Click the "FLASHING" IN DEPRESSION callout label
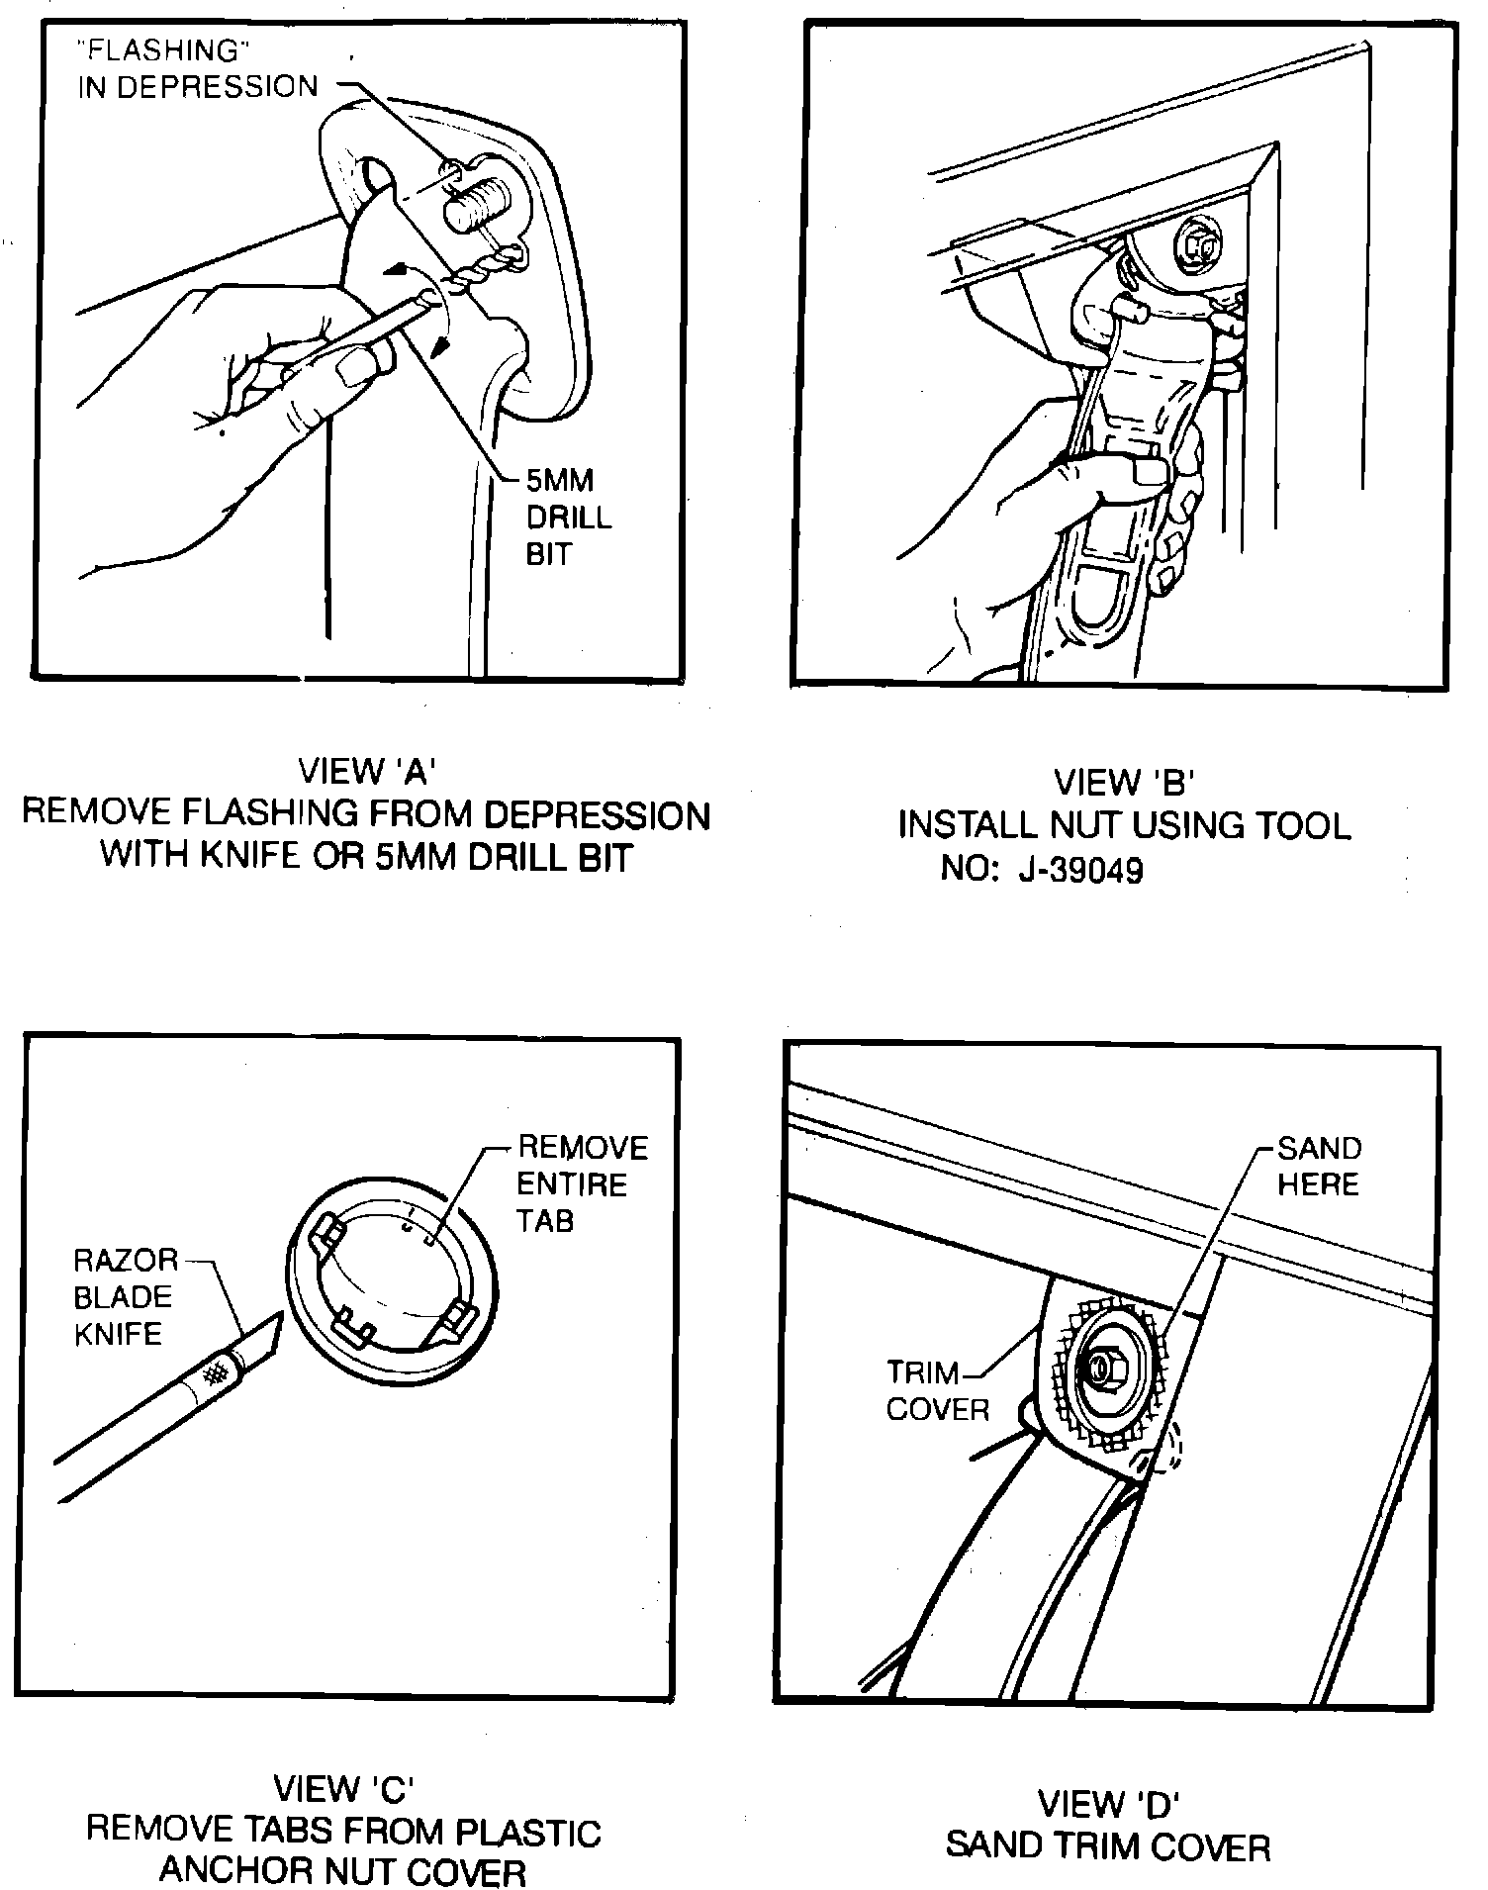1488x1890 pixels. point(198,69)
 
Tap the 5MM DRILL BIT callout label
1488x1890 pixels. point(569,518)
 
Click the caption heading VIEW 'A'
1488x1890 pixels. point(367,771)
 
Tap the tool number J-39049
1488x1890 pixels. point(1084,870)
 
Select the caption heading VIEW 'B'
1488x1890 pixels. point(1125,783)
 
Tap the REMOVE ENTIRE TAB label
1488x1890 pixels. point(582,1183)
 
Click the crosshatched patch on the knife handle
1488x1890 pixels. point(215,1371)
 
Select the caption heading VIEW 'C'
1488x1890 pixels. point(343,1788)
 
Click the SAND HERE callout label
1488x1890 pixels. point(1319,1166)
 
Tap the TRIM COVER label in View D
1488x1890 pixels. point(936,1390)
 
